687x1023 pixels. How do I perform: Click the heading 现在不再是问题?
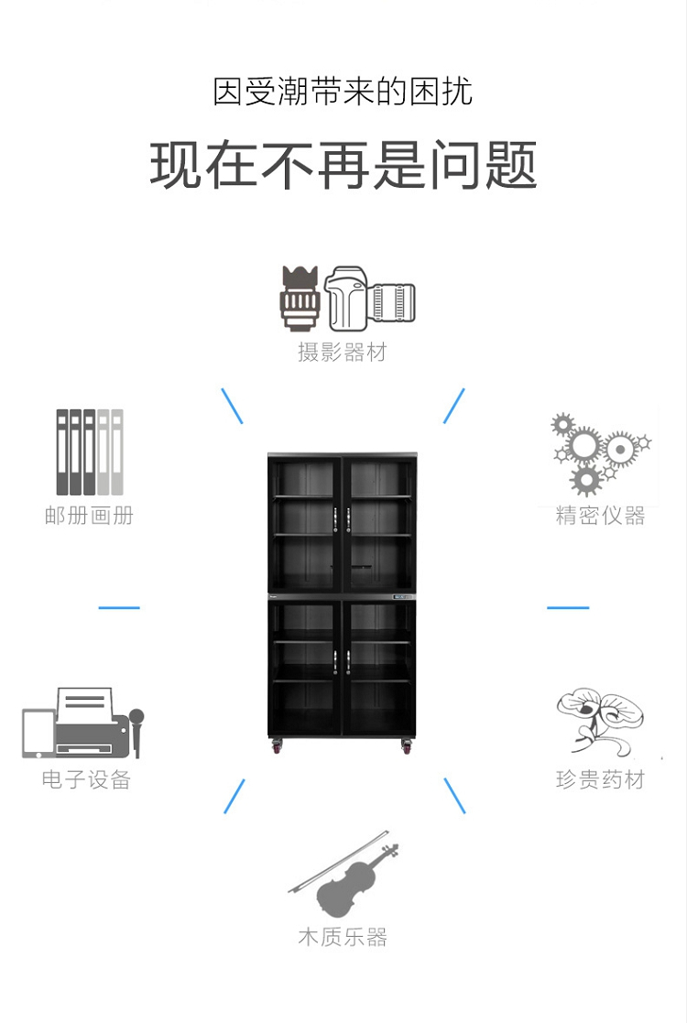[x=343, y=166]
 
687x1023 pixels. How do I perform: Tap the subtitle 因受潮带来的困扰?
[x=343, y=93]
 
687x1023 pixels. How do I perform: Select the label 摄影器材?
[x=343, y=352]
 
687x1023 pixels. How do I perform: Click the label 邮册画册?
[x=89, y=516]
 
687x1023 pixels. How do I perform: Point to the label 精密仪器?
[x=601, y=516]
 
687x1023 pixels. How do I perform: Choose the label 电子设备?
[x=87, y=779]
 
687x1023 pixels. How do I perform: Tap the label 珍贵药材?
[x=601, y=779]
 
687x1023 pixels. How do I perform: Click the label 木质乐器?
[x=343, y=937]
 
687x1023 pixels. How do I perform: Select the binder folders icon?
[x=89, y=452]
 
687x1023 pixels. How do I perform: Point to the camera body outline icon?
[x=346, y=299]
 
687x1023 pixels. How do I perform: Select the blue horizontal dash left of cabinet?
[x=119, y=607]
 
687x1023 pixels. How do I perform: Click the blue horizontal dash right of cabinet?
[x=568, y=607]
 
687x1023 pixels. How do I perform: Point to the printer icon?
[x=84, y=724]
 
